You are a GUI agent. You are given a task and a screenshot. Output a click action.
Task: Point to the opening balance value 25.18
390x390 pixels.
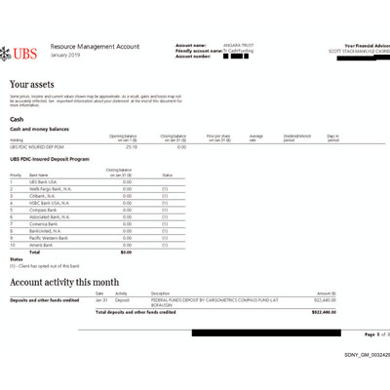tap(131, 147)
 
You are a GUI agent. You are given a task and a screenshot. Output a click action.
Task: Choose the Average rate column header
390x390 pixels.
tap(256, 138)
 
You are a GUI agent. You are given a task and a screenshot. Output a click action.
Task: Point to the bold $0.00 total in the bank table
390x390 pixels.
tap(126, 252)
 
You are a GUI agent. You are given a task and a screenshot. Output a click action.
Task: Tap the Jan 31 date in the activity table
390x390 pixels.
tap(100, 299)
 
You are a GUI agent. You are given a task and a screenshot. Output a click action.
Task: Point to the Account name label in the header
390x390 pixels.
tap(190, 45)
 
